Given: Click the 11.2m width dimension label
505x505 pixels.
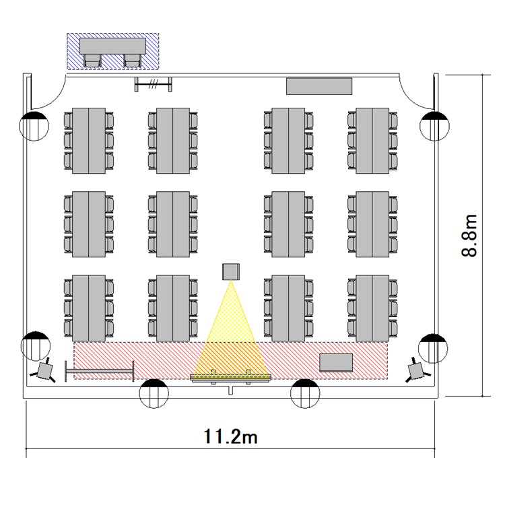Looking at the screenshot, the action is click(230, 437).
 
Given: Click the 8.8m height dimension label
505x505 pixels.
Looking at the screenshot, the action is click(469, 236).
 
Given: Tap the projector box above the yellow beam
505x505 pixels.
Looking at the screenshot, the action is click(231, 271).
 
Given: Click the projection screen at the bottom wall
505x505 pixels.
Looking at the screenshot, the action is click(231, 378).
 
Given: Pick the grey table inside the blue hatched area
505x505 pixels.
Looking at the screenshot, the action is click(112, 46).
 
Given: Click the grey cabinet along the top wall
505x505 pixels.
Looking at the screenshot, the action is click(319, 86).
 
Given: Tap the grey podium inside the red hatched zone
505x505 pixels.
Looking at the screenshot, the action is click(336, 362).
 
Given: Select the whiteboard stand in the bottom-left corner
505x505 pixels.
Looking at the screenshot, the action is click(100, 371).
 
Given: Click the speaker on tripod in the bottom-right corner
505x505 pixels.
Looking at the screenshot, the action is click(417, 370).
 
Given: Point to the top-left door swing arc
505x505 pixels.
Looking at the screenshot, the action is click(55, 100).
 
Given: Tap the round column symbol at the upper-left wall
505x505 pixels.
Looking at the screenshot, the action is click(34, 126).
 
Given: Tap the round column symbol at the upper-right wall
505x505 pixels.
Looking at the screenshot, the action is click(434, 126).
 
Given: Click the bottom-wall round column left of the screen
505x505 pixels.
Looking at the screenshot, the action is click(154, 394).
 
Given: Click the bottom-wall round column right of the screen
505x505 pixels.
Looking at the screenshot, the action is click(305, 394).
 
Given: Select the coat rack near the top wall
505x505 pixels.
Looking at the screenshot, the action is click(153, 84).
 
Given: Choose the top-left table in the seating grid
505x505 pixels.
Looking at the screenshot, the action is click(89, 141).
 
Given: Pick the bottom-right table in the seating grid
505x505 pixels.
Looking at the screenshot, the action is click(372, 308).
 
